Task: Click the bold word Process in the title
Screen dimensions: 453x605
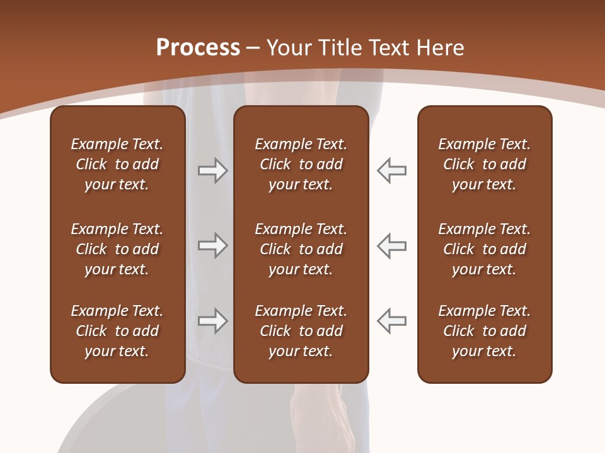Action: pos(198,48)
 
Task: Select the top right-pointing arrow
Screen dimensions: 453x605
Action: pos(212,171)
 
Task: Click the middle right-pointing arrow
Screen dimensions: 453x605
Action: pos(212,245)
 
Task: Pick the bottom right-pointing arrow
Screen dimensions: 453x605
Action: pos(212,321)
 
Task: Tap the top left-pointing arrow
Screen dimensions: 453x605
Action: pos(391,171)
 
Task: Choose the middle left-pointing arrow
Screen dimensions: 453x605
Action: pos(391,245)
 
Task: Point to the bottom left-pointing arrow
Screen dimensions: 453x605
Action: pos(391,321)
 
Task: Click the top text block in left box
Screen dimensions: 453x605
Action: pos(117,164)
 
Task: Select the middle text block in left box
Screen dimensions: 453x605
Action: pos(117,249)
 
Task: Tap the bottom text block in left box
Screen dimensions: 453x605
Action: pos(117,331)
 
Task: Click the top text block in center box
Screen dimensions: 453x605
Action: pos(301,164)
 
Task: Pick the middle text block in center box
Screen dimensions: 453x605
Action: pos(301,249)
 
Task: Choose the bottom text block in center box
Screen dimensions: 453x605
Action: pos(301,331)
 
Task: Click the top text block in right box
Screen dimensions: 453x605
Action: pos(485,164)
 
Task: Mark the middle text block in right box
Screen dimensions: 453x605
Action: pos(485,249)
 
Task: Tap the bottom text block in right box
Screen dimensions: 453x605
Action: pos(485,331)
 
